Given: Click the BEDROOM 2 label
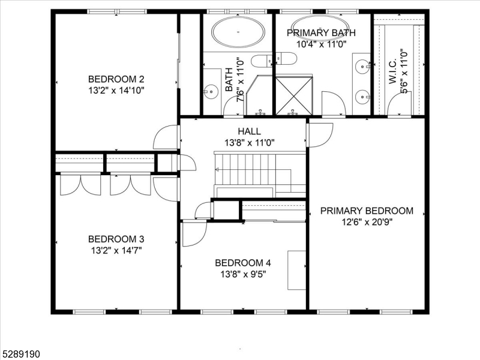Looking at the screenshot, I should pos(116,79).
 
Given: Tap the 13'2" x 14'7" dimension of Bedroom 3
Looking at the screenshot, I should pos(116,250).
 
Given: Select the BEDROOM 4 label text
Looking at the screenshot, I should pos(243,263).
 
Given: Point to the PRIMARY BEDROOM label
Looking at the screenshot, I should pos(367,211).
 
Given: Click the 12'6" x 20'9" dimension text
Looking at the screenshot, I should pos(367,221).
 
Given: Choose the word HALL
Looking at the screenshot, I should pos(249,131).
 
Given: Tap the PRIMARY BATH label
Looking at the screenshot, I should pos(321,33).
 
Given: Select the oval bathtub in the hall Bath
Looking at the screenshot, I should pos(238,32).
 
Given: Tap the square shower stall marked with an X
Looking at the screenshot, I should pos(294,94).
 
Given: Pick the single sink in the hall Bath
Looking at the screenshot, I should pos(210,92).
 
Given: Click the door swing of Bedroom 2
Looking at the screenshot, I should pos(165,138).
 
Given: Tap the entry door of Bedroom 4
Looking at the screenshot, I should pos(193,233).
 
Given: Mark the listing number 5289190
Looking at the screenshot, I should pos(21,355).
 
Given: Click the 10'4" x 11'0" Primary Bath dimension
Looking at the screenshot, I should pos(321,43).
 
